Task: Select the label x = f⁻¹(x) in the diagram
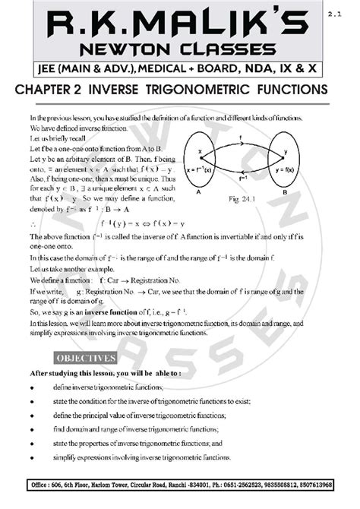219,167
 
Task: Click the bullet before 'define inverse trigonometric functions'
33,387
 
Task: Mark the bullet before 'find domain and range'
33,429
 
